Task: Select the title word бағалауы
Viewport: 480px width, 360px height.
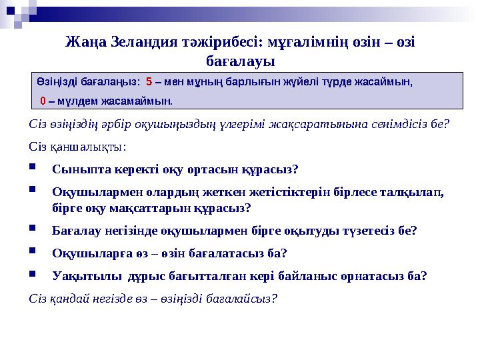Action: click(240, 61)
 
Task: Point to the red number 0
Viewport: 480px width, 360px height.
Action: click(43, 101)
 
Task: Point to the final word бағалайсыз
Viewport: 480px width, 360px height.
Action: click(241, 298)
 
